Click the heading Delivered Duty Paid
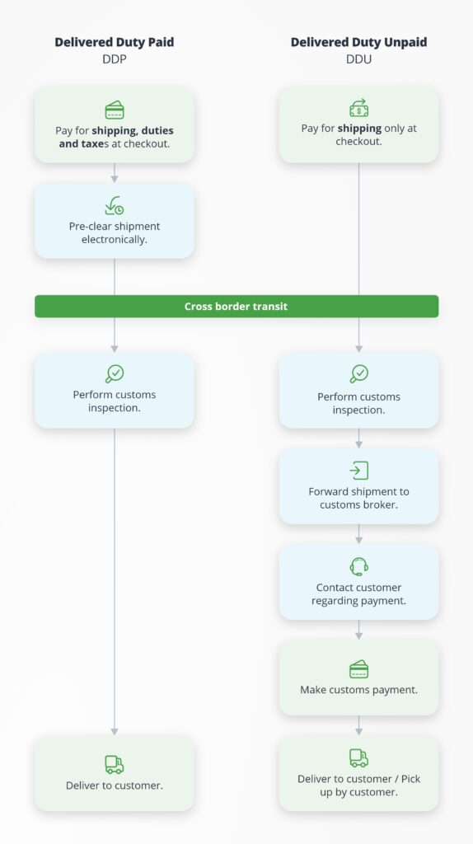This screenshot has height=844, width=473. click(114, 42)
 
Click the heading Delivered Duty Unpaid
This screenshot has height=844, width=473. click(358, 42)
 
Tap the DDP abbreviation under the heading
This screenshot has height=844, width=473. click(114, 59)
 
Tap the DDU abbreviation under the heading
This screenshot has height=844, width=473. click(358, 59)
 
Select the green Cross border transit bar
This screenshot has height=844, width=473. click(236, 307)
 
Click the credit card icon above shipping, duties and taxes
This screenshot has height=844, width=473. click(114, 110)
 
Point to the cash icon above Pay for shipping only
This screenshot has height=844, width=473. click(358, 108)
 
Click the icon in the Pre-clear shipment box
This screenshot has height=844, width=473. click(114, 205)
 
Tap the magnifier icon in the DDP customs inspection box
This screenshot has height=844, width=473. click(114, 373)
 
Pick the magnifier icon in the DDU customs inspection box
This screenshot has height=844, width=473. click(358, 373)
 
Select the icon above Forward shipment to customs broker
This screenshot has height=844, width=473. click(358, 471)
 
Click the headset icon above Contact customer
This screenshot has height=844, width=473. click(358, 566)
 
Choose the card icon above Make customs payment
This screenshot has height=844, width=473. click(358, 669)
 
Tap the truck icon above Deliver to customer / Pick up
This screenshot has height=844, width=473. click(358, 758)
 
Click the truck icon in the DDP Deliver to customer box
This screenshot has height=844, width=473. click(114, 764)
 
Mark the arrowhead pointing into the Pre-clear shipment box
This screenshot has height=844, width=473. click(114, 179)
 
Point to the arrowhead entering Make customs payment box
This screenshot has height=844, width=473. click(358, 636)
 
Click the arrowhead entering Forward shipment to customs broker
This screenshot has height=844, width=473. click(358, 444)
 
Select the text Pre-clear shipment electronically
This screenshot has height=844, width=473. click(114, 233)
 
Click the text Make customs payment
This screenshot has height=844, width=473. click(358, 690)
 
